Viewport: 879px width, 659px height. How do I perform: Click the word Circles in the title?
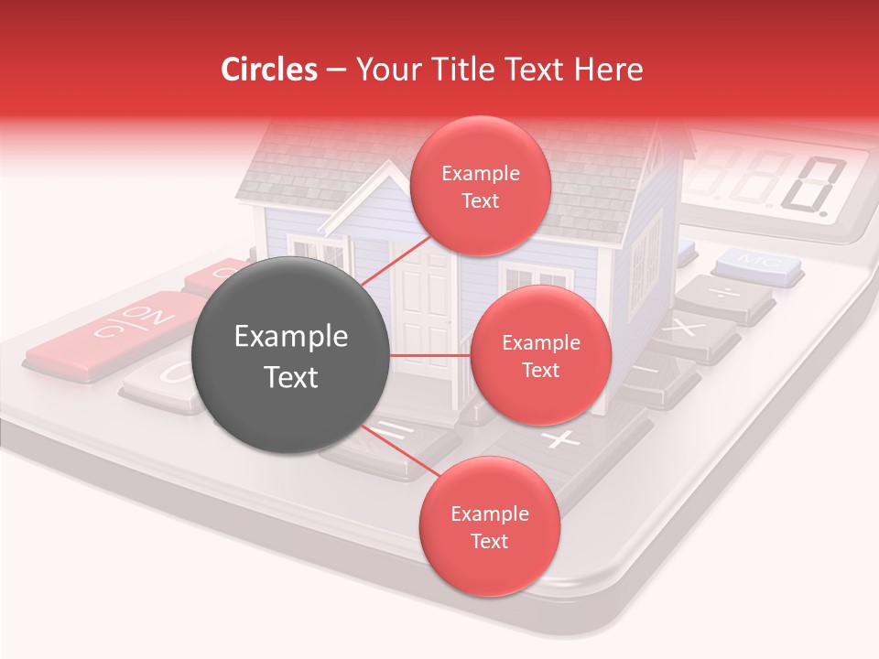tap(268, 69)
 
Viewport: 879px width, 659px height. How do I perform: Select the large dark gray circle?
tap(290, 355)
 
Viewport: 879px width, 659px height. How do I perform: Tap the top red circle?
tap(480, 186)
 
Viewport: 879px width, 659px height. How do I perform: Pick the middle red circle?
tap(540, 355)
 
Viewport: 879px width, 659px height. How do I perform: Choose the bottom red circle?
tap(489, 526)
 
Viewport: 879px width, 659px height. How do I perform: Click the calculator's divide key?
tap(724, 295)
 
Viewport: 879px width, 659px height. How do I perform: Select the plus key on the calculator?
tap(560, 440)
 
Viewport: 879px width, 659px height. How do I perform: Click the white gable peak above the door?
tap(389, 183)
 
